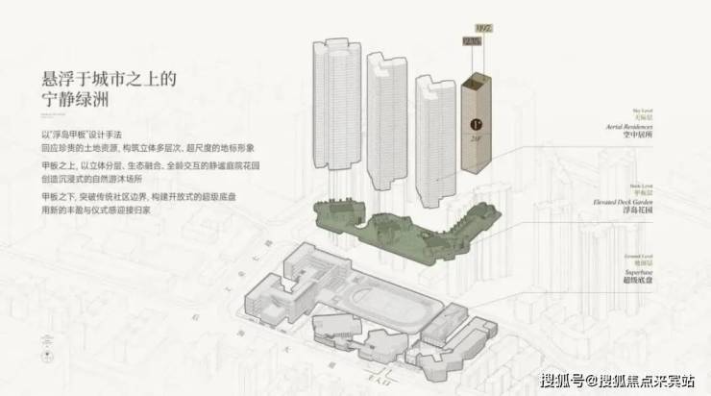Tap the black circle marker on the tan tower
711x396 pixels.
coord(476,123)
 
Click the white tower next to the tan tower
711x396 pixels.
coord(431,125)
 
